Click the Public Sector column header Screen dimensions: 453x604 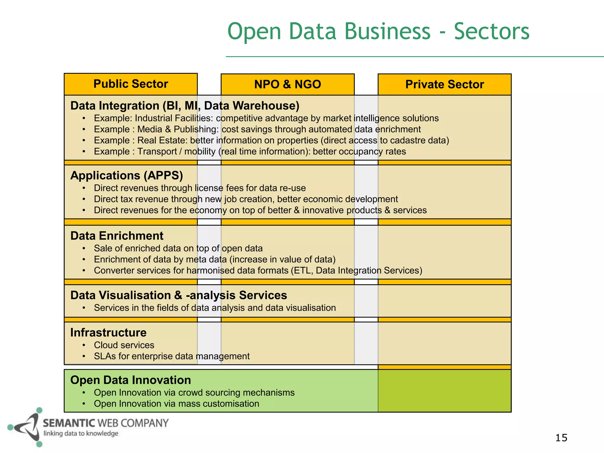pos(131,84)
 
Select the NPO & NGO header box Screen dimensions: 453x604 pos(288,84)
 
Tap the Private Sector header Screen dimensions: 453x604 pos(444,84)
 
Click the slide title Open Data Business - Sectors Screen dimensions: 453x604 pos(378,31)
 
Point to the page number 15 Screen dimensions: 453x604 pos(561,438)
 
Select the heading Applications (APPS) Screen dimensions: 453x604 pos(127,175)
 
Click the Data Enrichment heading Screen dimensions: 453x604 pos(117,236)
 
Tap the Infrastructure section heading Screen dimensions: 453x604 pos(108,333)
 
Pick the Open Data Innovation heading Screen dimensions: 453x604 pos(131,380)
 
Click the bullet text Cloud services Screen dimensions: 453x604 pos(124,345)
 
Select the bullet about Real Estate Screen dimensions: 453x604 pos(271,140)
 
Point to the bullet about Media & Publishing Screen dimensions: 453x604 pos(257,129)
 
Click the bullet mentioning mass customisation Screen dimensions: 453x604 pos(176,404)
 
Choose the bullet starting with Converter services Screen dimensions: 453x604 pos(258,270)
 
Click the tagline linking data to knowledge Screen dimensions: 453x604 pos(81,434)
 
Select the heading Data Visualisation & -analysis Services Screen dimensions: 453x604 pos(178,295)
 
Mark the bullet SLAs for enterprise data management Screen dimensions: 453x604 pos(172,356)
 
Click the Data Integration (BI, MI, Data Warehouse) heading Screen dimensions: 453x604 pos(185,106)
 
